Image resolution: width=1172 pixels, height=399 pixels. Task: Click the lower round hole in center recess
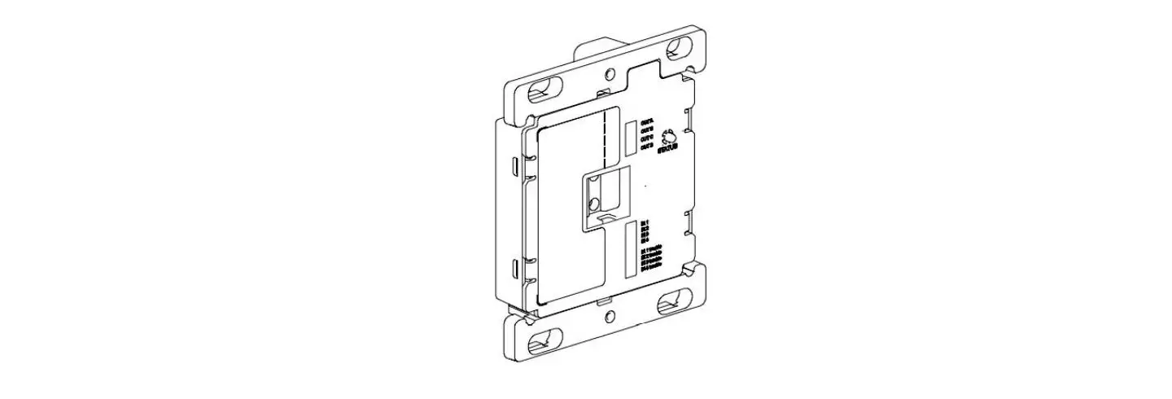coord(595,204)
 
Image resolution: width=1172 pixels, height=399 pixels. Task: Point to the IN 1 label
coord(645,221)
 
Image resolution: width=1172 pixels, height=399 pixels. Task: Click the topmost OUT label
coord(648,119)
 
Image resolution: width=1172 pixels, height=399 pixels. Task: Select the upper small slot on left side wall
coord(514,166)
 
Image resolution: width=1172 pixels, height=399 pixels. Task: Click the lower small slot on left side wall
coord(514,267)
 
